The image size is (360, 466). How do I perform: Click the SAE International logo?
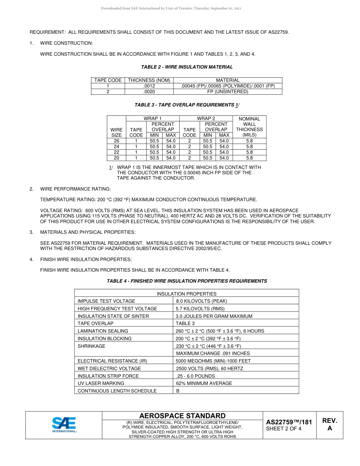(64, 424)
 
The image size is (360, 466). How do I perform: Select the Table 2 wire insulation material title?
(187, 67)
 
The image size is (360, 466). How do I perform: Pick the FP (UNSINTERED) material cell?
(227, 92)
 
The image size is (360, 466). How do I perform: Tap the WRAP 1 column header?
(152, 119)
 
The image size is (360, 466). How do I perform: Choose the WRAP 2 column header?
(206, 119)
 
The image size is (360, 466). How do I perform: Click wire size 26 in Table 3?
(116, 141)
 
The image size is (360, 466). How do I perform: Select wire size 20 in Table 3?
(116, 158)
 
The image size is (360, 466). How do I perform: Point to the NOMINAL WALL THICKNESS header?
(249, 127)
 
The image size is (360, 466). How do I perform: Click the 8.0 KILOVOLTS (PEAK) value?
(202, 301)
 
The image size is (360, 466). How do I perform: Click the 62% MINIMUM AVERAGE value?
(204, 383)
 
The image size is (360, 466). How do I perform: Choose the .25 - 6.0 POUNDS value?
(195, 376)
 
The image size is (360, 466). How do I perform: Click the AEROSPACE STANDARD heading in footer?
(182, 416)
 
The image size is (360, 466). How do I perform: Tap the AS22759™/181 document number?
(289, 422)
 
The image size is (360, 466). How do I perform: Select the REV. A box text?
(329, 424)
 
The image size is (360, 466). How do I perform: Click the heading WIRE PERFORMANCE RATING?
(75, 189)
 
